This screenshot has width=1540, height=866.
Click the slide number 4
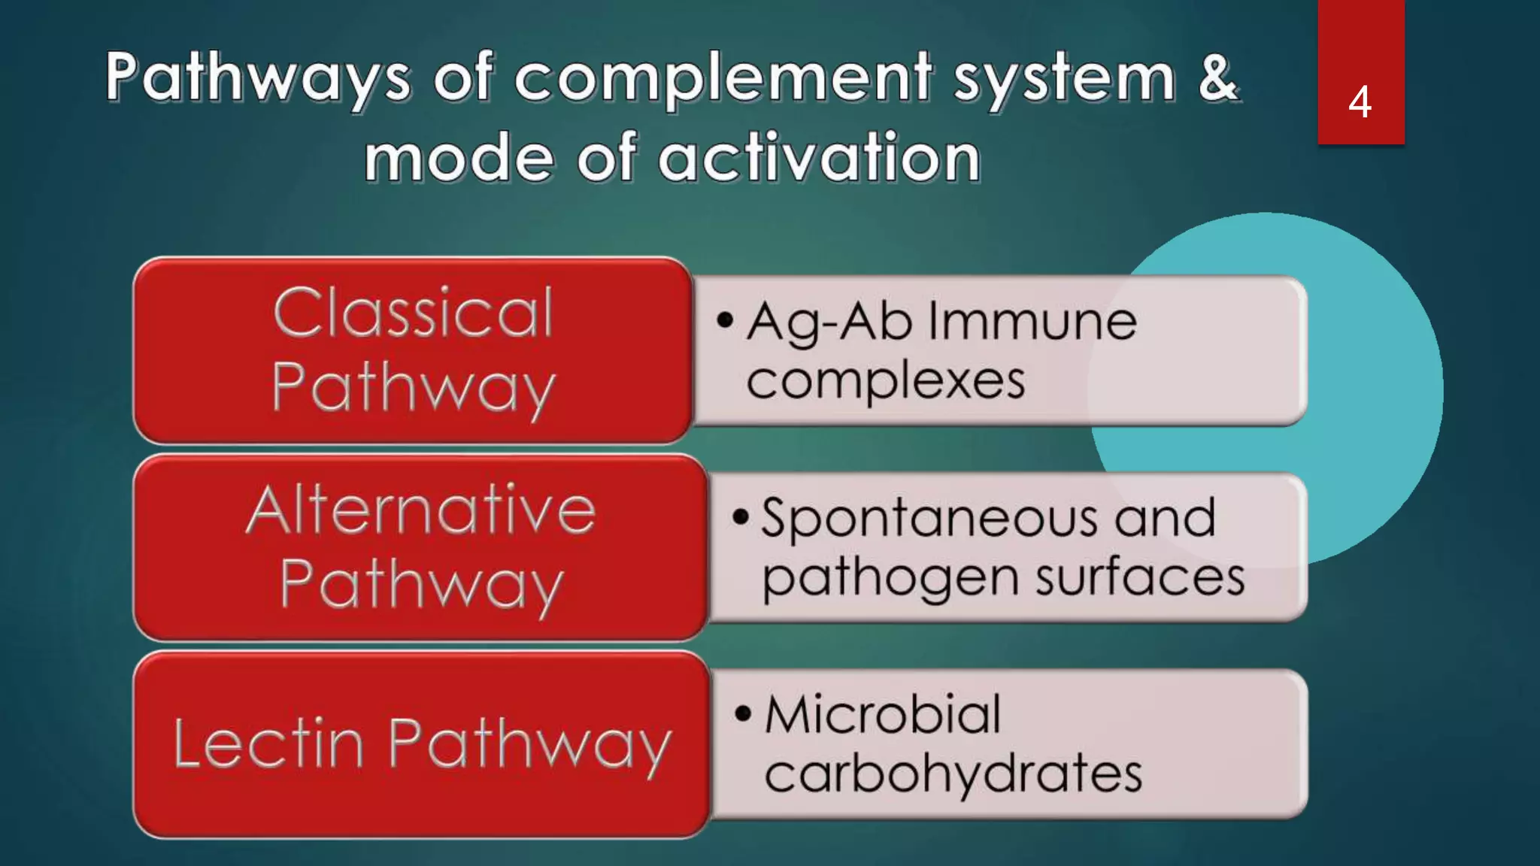click(x=1360, y=102)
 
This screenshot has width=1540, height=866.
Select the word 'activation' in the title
click(x=819, y=158)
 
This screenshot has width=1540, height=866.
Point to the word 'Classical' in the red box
click(x=414, y=313)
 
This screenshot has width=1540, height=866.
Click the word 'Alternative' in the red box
click(x=421, y=510)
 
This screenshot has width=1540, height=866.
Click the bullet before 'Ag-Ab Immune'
click(x=724, y=320)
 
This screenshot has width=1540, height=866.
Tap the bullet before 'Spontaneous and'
click(x=741, y=517)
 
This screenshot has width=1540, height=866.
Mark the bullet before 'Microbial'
click(x=743, y=713)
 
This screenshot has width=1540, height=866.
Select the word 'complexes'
click(x=886, y=380)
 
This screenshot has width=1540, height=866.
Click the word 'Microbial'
click(x=883, y=713)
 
